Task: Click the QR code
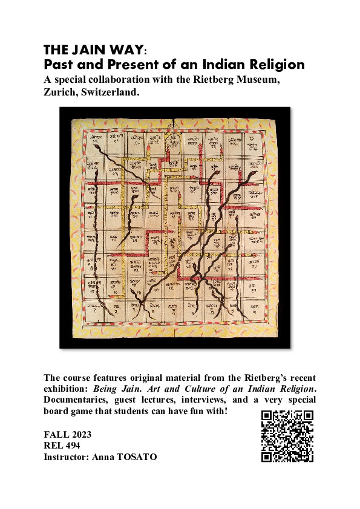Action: [x=287, y=436]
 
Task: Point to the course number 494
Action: [x=79, y=446]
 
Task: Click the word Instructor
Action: [x=66, y=458]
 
